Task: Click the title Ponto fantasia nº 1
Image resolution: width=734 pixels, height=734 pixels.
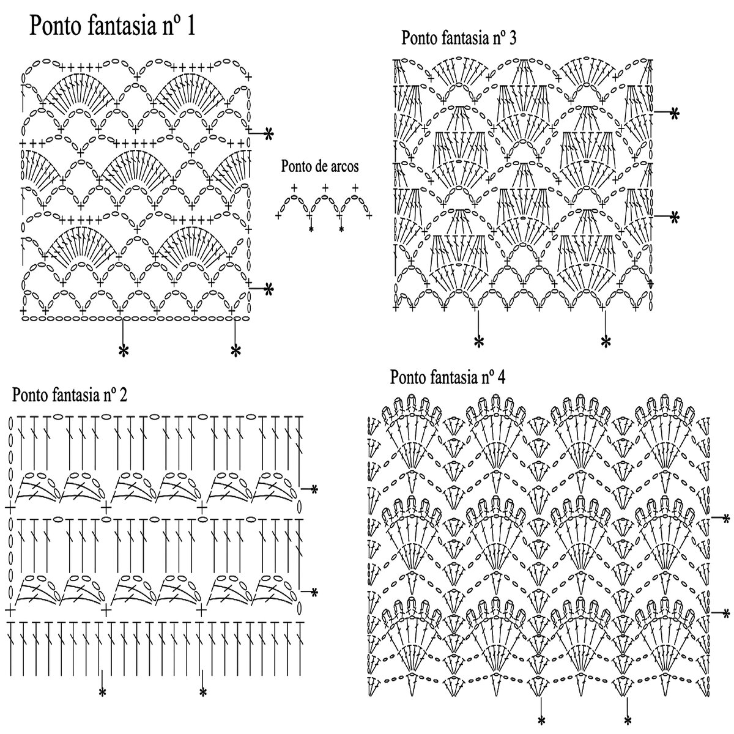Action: tap(113, 27)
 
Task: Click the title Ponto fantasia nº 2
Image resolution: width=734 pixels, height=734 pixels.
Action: tap(70, 395)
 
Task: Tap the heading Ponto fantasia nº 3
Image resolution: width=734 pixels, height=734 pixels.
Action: tap(459, 38)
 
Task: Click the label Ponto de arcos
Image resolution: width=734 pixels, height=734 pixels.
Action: tap(320, 166)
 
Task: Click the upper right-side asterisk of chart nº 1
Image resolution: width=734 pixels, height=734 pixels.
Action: tap(268, 135)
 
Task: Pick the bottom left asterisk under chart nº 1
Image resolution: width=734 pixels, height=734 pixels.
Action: tap(124, 350)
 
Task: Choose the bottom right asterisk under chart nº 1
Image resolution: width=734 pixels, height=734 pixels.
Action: tap(235, 350)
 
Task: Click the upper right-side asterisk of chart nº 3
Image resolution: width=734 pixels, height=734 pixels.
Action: tap(675, 113)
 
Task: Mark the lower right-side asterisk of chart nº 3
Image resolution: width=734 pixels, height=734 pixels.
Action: tap(675, 217)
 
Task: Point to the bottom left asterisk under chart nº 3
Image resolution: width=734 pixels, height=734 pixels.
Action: tap(478, 341)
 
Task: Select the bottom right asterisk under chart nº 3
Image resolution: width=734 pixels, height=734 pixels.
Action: tap(606, 341)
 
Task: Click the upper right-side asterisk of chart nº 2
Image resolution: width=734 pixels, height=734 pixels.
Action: tap(314, 489)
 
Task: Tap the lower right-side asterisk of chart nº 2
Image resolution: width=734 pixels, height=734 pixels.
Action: tap(314, 592)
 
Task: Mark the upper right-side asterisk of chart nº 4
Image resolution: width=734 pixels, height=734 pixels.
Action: tap(726, 519)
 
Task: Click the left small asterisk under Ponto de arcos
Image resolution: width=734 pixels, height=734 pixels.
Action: tap(311, 229)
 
